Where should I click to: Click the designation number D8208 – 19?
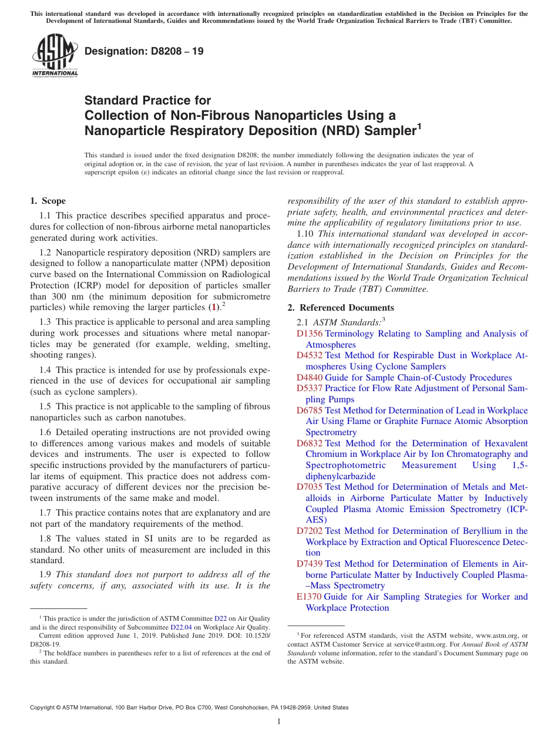click(144, 51)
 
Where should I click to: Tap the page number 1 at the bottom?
click(279, 722)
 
